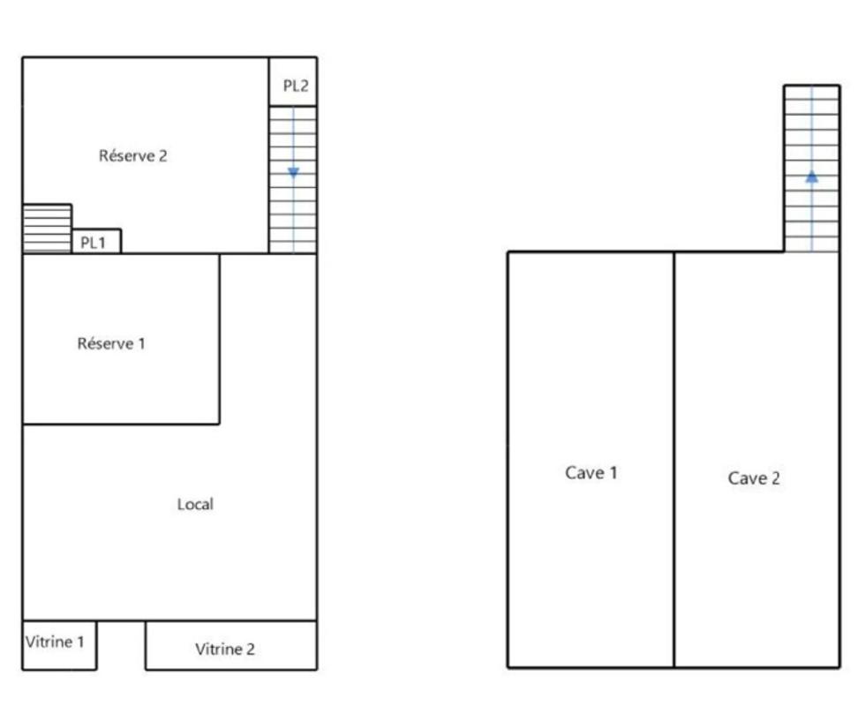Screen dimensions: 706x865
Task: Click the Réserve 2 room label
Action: [x=132, y=156]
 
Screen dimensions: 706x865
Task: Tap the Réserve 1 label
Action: [x=111, y=343]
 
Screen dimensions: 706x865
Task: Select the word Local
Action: [x=195, y=505]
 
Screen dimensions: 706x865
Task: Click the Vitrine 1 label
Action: [x=55, y=642]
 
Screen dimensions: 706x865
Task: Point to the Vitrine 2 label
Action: [x=225, y=650]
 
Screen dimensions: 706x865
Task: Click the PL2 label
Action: [x=295, y=86]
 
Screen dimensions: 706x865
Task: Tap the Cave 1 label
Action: [x=591, y=473]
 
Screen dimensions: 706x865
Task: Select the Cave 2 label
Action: [x=754, y=478]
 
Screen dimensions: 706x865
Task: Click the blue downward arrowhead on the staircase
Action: [x=293, y=173]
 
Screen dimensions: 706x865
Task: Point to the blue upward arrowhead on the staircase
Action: [x=811, y=176]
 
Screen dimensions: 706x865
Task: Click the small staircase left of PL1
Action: [x=47, y=229]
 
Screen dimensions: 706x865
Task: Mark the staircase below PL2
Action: [x=293, y=180]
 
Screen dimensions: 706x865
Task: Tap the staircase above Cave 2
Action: [x=811, y=168]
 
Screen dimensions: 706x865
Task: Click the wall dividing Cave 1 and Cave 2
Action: [x=674, y=459]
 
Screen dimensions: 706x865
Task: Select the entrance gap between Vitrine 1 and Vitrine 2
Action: [x=121, y=644]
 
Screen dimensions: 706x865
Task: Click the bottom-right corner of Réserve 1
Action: [x=219, y=424]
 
